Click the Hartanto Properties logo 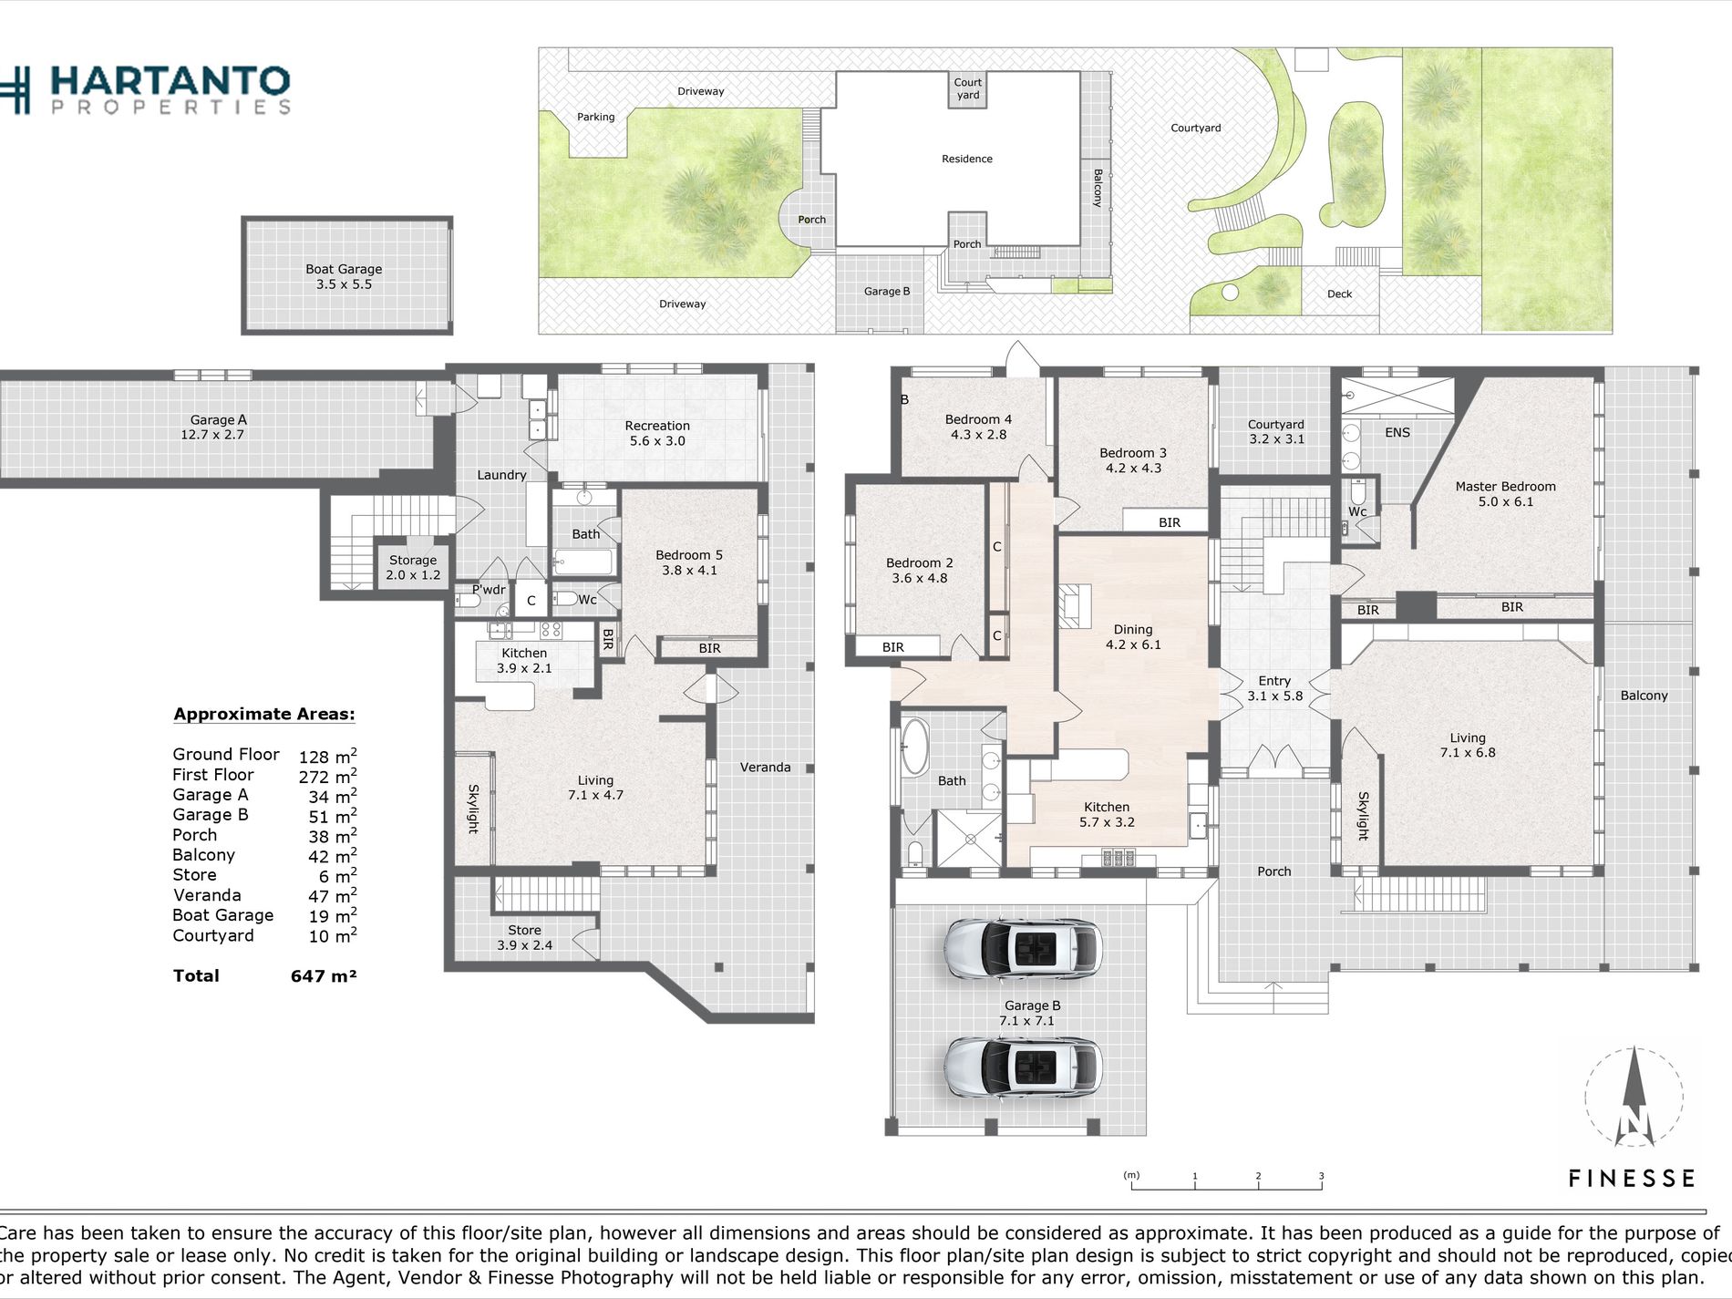click(x=145, y=89)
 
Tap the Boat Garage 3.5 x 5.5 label click(x=344, y=276)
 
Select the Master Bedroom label click(x=1505, y=487)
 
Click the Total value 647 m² click(x=324, y=975)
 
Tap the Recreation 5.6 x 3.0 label click(x=657, y=433)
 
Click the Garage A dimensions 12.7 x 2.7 click(x=212, y=435)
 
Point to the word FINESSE click(x=1631, y=1179)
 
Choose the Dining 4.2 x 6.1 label click(x=1133, y=637)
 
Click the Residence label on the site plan click(x=967, y=159)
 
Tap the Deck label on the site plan click(x=1339, y=294)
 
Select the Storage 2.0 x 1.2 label click(x=413, y=567)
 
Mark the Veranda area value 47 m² click(x=332, y=896)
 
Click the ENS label click(x=1397, y=433)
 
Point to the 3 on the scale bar click(x=1321, y=1176)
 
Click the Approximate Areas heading click(x=264, y=714)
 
